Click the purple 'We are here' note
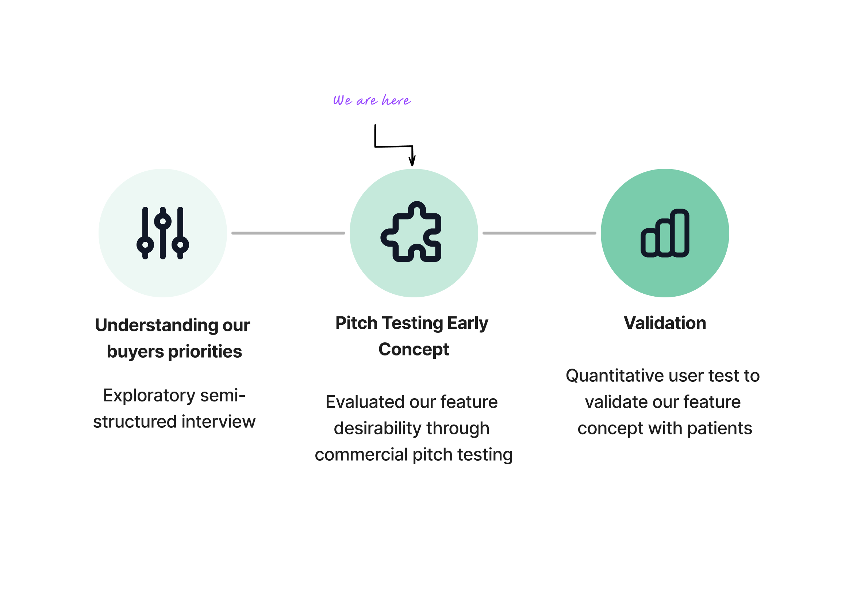pyautogui.click(x=372, y=100)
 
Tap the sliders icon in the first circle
pyautogui.click(x=162, y=233)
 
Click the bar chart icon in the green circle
pyautogui.click(x=665, y=233)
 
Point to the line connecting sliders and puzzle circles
pyautogui.click(x=288, y=233)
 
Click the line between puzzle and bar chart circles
pyautogui.click(x=539, y=233)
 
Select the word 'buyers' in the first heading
pyautogui.click(x=135, y=352)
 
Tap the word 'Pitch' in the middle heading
pyautogui.click(x=356, y=323)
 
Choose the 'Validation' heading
pyautogui.click(x=665, y=323)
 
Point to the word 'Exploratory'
pyautogui.click(x=149, y=395)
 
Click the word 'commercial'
pyautogui.click(x=361, y=455)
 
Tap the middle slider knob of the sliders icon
pyautogui.click(x=162, y=221)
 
